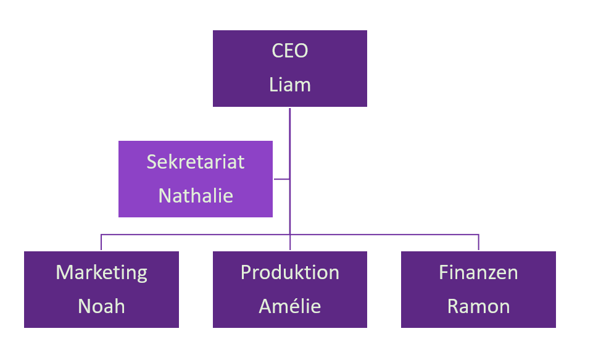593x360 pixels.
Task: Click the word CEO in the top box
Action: point(290,51)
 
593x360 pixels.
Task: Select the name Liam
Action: point(290,85)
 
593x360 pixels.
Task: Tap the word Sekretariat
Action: point(196,162)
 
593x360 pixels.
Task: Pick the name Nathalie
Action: point(196,196)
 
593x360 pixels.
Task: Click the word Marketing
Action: point(102,272)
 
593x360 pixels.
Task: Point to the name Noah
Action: point(102,306)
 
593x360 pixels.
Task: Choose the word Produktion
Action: point(290,272)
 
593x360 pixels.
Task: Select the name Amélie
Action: point(290,306)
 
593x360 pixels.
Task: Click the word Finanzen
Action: point(478,272)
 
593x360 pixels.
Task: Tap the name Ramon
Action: point(478,306)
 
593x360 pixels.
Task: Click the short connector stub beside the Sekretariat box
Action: point(281,179)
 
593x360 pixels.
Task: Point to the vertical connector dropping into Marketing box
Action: point(101,243)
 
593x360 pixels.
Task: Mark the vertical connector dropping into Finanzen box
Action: point(478,243)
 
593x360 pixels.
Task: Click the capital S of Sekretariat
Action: point(152,162)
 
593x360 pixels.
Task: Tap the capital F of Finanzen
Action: point(443,272)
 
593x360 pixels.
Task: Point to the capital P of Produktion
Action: point(246,272)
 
